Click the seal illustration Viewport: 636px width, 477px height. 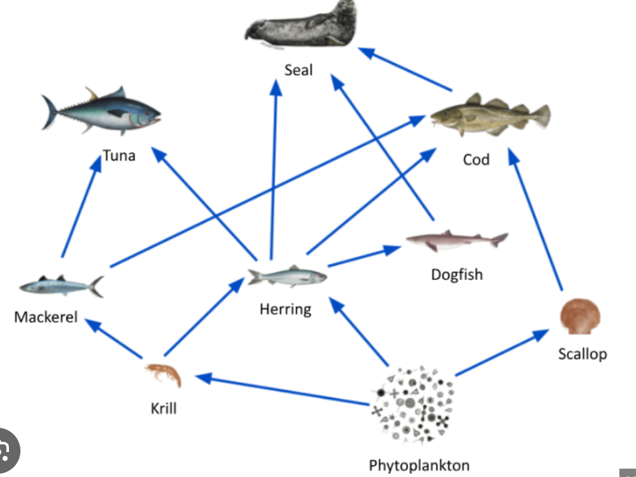301,25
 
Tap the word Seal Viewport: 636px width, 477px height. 299,70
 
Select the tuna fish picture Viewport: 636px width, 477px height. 102,111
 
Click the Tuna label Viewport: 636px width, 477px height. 119,155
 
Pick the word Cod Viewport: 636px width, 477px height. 476,159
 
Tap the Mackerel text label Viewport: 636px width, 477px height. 46,317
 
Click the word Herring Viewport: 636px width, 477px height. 285,309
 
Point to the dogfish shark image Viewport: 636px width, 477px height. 457,240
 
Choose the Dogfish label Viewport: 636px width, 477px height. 457,275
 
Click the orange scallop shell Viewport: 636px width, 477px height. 580,317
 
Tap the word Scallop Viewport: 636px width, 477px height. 582,354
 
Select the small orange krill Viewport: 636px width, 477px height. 163,375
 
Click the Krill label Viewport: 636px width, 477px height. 163,409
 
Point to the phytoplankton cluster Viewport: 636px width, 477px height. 412,404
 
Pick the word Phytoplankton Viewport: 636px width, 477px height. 419,465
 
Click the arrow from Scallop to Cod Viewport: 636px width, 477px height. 535,219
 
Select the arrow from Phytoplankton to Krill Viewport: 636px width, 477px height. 282,390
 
